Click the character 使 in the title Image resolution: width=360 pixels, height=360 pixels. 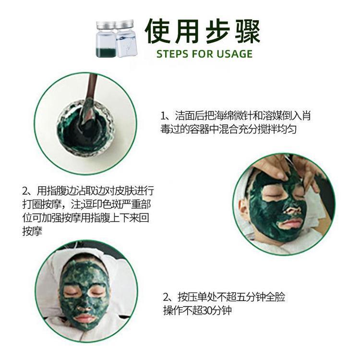pos(158,31)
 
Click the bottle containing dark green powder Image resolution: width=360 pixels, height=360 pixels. pos(106,39)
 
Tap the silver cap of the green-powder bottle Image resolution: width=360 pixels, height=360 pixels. pos(106,25)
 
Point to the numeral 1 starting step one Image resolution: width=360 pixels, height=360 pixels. pos(163,116)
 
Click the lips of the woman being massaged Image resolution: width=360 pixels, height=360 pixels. pos(290,223)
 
